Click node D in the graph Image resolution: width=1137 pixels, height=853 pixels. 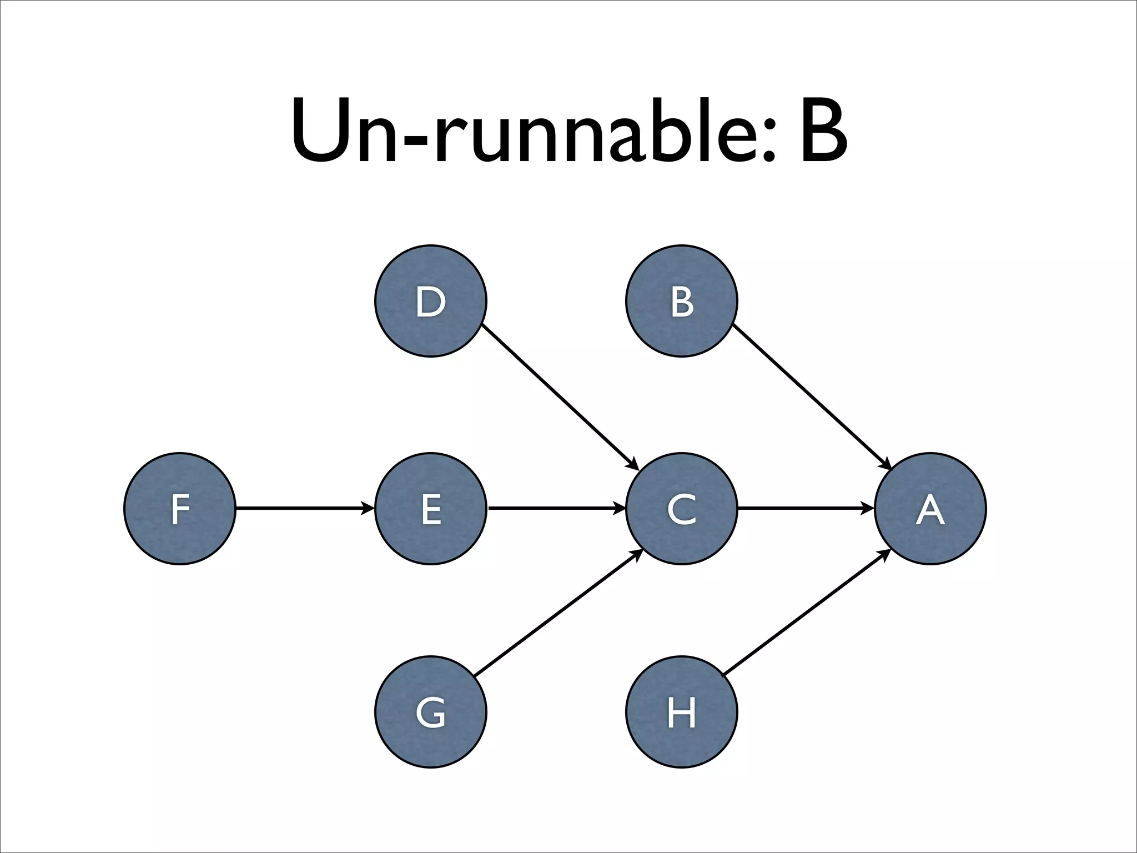[x=431, y=301]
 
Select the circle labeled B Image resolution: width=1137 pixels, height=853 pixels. [x=682, y=301]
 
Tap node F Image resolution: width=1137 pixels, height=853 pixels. [x=180, y=509]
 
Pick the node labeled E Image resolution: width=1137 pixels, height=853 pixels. [x=431, y=509]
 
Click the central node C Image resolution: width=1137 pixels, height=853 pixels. [x=682, y=509]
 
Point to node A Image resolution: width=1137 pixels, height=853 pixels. [x=930, y=509]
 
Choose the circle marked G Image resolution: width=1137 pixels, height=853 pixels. [x=431, y=712]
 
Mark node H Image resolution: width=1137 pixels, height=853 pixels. [x=682, y=712]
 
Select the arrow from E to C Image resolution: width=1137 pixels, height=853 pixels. [x=555, y=508]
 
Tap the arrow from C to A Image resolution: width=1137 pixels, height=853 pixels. [x=805, y=508]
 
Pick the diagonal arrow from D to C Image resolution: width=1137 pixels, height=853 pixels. [x=558, y=395]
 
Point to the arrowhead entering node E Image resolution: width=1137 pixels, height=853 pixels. [x=368, y=508]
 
